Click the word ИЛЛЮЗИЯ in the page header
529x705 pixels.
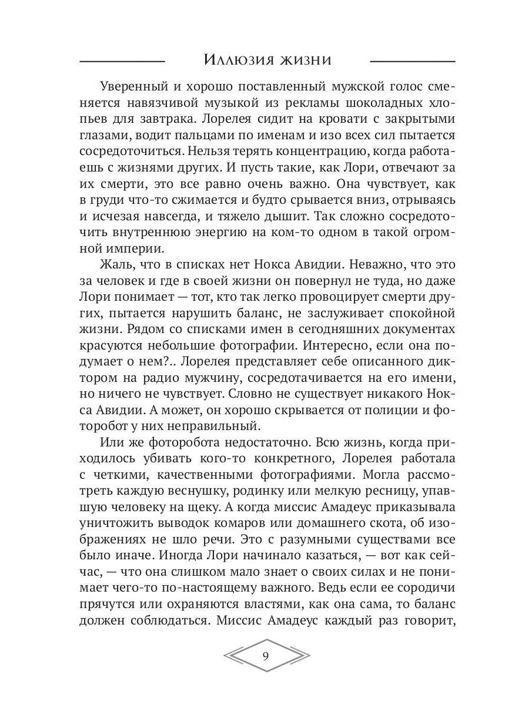pyautogui.click(x=237, y=60)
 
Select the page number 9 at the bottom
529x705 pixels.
pyautogui.click(x=266, y=656)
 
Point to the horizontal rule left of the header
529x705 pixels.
pyautogui.click(x=122, y=61)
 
